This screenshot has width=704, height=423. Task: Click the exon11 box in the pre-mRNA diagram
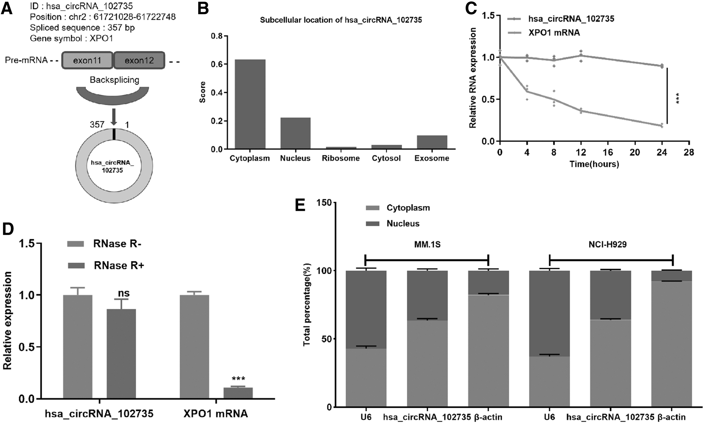pos(88,60)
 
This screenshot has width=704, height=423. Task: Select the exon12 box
pos(139,60)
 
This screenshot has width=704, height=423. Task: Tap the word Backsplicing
pos(115,80)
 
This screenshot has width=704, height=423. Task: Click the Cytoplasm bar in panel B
pos(250,104)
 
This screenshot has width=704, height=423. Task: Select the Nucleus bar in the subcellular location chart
pos(295,133)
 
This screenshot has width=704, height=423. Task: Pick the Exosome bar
pos(432,142)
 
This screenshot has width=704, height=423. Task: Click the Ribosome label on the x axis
pos(341,159)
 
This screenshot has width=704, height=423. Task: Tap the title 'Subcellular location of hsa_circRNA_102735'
pos(341,20)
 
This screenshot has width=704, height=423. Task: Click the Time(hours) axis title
pos(594,164)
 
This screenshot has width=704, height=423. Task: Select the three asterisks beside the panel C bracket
pos(677,98)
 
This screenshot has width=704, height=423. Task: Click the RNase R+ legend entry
pos(106,265)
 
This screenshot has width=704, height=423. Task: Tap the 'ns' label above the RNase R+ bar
pos(123,294)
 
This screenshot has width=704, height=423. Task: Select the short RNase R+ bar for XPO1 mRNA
pos(238,393)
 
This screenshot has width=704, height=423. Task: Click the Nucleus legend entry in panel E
pos(393,224)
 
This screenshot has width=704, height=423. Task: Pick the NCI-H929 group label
pos(607,245)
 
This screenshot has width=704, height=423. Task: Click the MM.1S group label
pos(427,245)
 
